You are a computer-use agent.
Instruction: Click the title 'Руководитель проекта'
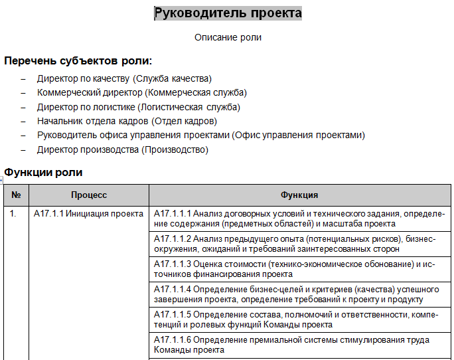[x=228, y=13]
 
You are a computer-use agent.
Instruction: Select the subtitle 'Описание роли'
[x=228, y=37]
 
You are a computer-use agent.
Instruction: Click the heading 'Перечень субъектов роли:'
[x=78, y=61]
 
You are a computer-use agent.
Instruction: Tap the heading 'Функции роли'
[x=44, y=173]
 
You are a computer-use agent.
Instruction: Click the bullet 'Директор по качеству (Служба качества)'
[x=124, y=78]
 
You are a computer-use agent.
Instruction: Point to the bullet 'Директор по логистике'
[x=139, y=106]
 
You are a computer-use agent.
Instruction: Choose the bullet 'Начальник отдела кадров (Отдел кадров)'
[x=127, y=121]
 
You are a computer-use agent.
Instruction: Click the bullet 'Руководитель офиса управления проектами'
[x=201, y=135]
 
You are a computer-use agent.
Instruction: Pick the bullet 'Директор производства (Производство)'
[x=123, y=149]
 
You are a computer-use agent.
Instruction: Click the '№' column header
[x=17, y=195]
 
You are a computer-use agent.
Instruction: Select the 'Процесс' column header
[x=89, y=195]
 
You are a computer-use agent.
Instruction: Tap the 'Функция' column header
[x=299, y=195]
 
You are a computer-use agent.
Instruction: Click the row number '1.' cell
[x=13, y=214]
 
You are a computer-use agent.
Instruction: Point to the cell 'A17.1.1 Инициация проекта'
[x=88, y=214]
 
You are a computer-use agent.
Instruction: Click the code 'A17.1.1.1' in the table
[x=173, y=214]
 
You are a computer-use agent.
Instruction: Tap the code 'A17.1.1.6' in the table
[x=173, y=340]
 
